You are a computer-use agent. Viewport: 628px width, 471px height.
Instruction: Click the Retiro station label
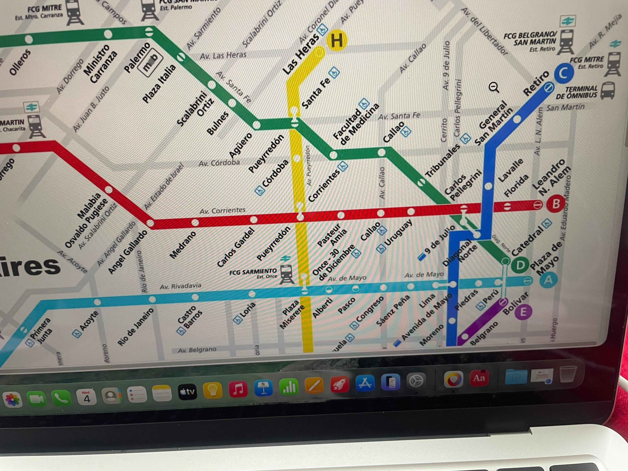[536, 83]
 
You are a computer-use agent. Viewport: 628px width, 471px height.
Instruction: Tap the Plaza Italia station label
[159, 84]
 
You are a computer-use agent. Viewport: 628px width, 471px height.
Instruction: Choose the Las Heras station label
[301, 56]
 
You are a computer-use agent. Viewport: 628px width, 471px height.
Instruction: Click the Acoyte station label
[89, 321]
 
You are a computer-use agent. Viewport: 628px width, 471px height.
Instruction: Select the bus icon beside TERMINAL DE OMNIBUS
[608, 90]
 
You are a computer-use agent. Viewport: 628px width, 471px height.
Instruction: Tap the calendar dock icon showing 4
[86, 397]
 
